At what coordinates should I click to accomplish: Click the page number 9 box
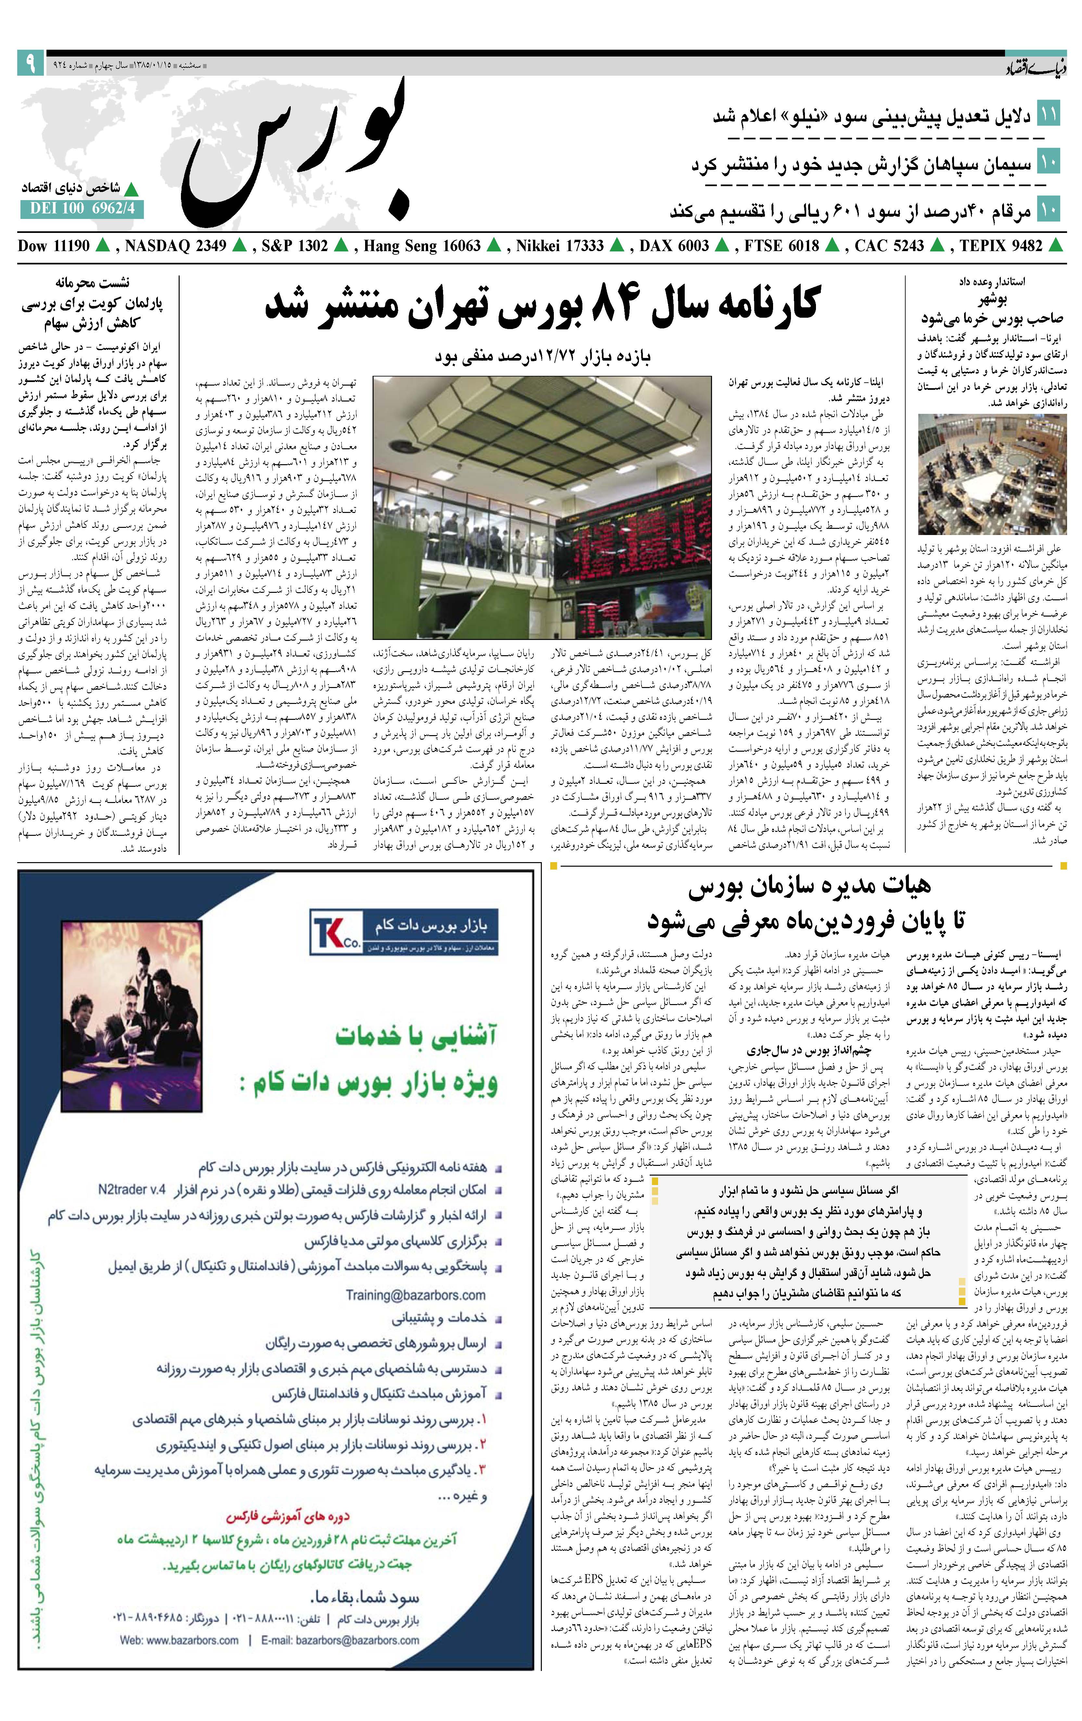[31, 63]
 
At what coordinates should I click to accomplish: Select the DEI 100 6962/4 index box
[82, 209]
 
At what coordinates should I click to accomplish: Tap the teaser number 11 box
[1049, 114]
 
